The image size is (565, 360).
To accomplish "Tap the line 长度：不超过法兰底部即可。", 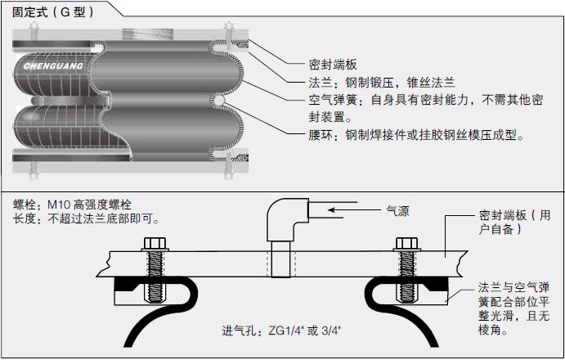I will [x=86, y=218].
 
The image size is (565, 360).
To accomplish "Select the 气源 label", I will [x=397, y=211].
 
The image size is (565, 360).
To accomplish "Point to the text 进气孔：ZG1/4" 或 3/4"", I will [x=282, y=331].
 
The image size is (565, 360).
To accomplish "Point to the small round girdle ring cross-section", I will [x=218, y=101].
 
